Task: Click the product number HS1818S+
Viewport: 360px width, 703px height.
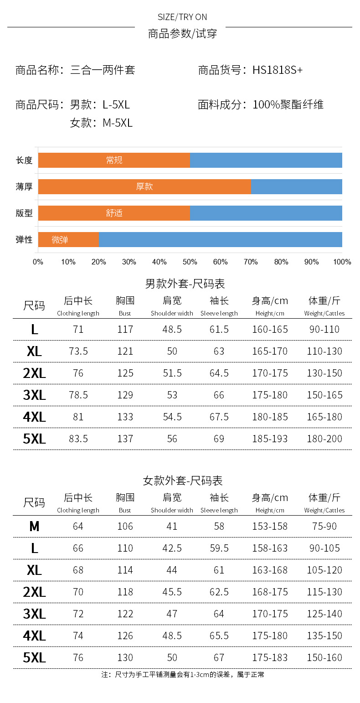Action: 278,70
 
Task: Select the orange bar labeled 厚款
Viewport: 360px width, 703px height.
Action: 144,187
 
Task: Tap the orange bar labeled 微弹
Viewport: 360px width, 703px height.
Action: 68,240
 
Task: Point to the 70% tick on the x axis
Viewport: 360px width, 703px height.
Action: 251,262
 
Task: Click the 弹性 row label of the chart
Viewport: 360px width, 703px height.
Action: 24,239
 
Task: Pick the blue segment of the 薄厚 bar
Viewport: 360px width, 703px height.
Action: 296,187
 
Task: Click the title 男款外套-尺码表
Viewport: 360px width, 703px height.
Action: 185,284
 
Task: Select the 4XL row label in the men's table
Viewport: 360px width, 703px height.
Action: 34,417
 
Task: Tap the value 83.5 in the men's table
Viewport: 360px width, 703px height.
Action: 78,439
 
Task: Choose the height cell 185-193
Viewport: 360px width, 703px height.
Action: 270,439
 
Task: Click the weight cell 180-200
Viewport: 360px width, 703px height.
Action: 324,439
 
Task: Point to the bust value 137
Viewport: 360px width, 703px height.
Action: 125,439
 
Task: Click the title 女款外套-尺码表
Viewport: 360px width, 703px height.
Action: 183,481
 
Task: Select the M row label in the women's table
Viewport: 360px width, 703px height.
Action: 34,527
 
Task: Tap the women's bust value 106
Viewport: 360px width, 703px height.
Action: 125,527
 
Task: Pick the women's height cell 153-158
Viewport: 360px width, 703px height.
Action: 270,527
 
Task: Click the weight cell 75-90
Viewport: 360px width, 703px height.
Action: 324,527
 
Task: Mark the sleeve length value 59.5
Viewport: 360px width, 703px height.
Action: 219,548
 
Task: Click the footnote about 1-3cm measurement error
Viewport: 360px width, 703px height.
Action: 183,674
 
